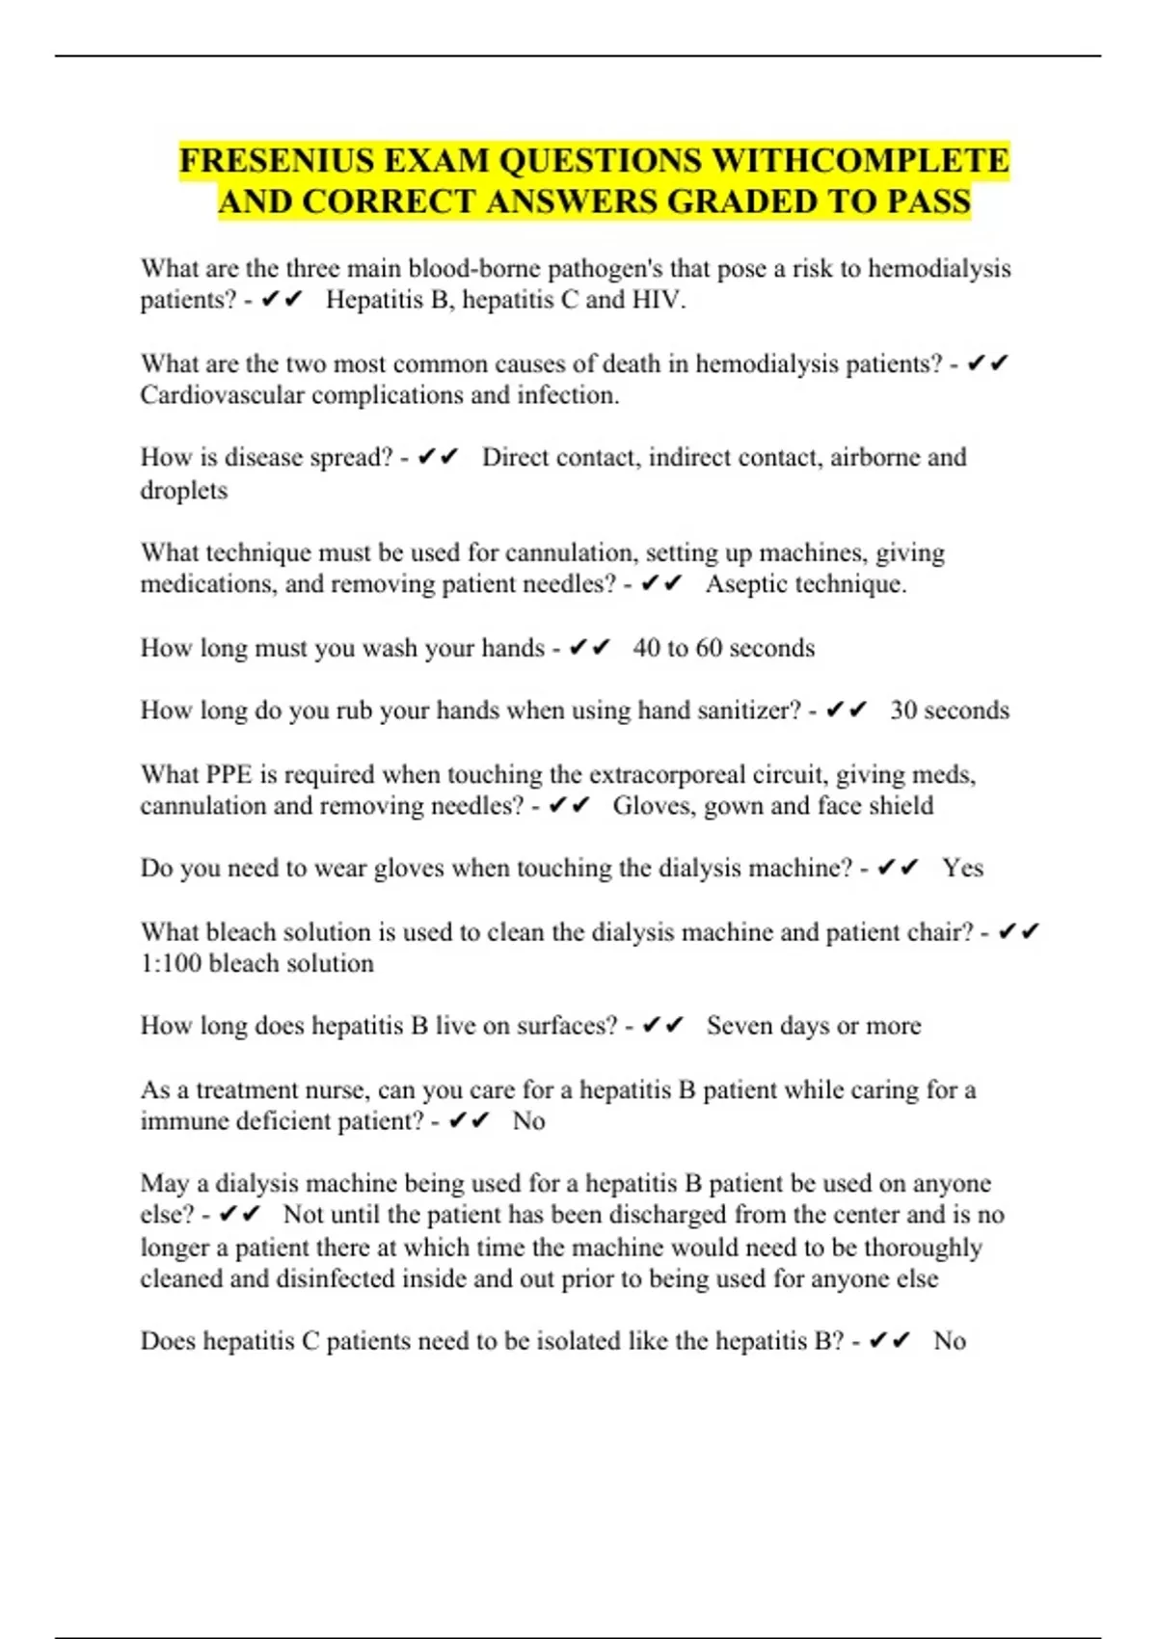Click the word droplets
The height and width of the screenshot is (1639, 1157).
184,491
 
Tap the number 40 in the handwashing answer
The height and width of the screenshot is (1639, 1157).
646,648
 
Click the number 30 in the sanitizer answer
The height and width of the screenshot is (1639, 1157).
903,711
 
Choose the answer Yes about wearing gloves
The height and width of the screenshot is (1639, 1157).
962,868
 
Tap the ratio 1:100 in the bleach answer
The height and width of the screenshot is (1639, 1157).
171,963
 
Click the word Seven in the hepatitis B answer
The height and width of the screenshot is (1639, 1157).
739,1026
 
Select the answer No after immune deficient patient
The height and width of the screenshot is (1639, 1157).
528,1121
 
